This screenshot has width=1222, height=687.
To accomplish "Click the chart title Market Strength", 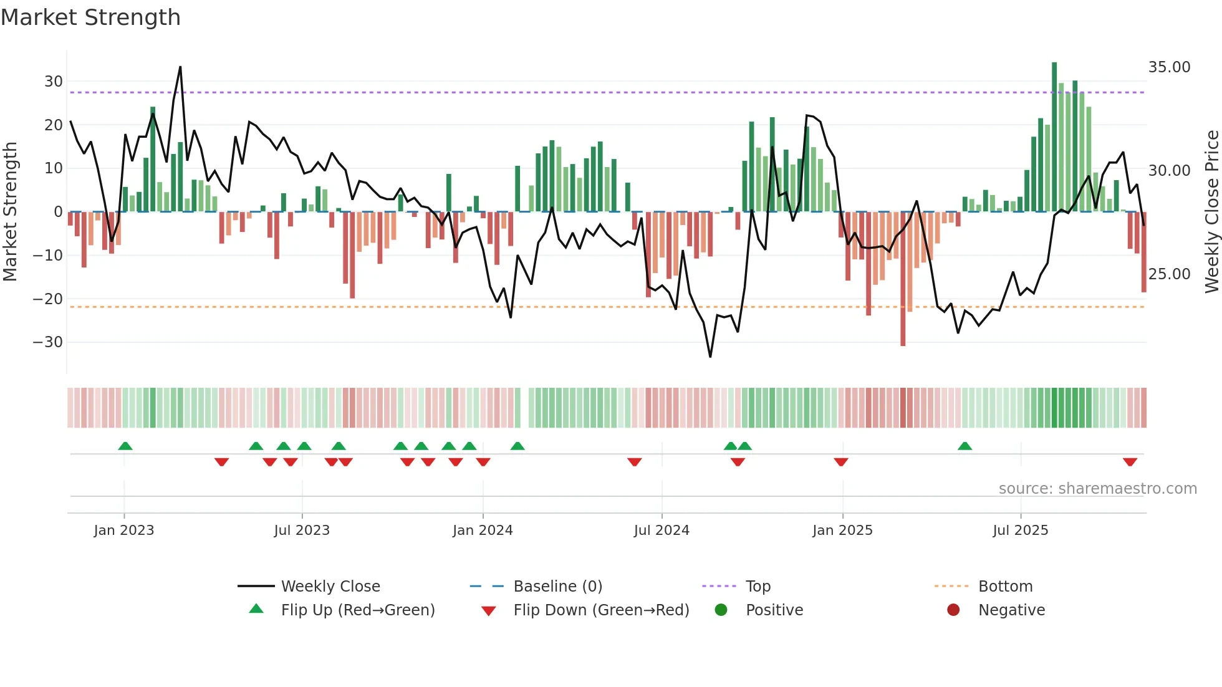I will (90, 17).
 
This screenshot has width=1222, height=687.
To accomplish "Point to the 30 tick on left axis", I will (54, 82).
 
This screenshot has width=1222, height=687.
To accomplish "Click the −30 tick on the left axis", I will (48, 342).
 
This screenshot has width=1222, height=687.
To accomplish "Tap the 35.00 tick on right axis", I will (1169, 67).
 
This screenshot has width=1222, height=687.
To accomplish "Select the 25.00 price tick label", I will (1169, 274).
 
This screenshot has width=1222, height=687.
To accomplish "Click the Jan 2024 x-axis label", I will (483, 531).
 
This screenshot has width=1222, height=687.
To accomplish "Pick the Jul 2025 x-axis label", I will (1021, 531).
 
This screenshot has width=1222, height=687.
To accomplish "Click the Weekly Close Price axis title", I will (1211, 211).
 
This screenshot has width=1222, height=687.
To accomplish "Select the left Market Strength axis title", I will (11, 211).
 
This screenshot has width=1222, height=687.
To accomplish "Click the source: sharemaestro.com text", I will (1097, 489).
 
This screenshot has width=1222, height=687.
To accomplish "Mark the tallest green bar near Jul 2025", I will (1054, 137).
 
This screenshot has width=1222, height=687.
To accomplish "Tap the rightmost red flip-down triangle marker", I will (1130, 462).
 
